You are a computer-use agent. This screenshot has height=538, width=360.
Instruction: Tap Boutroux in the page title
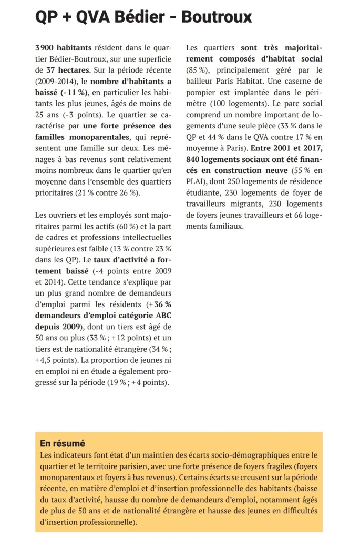217,18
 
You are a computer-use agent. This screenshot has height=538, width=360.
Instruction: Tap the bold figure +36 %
159,303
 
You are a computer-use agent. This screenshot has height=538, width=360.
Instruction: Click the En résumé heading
63,443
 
